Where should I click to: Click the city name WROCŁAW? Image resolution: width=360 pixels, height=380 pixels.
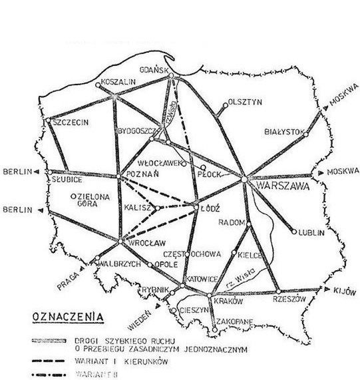[141, 241]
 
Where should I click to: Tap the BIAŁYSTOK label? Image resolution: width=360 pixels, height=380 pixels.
[285, 131]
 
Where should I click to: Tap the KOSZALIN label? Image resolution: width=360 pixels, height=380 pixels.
[118, 83]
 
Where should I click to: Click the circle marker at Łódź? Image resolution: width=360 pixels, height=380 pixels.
[196, 208]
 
